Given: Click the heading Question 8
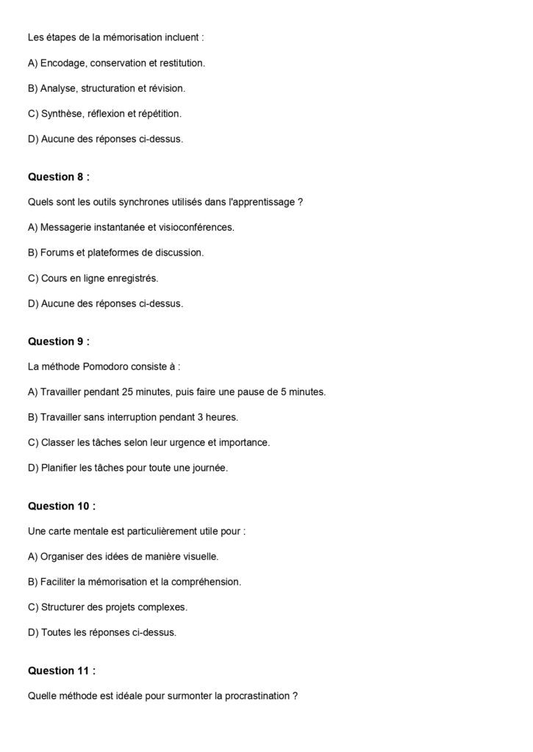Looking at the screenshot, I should click(59, 176).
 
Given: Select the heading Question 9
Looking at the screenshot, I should click(59, 341).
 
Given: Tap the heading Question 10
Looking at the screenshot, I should click(62, 506).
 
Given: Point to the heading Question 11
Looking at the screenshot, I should click(62, 670).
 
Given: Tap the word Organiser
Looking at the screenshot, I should click(64, 556).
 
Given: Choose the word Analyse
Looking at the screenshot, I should click(59, 88).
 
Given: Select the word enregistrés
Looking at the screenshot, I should click(132, 278).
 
